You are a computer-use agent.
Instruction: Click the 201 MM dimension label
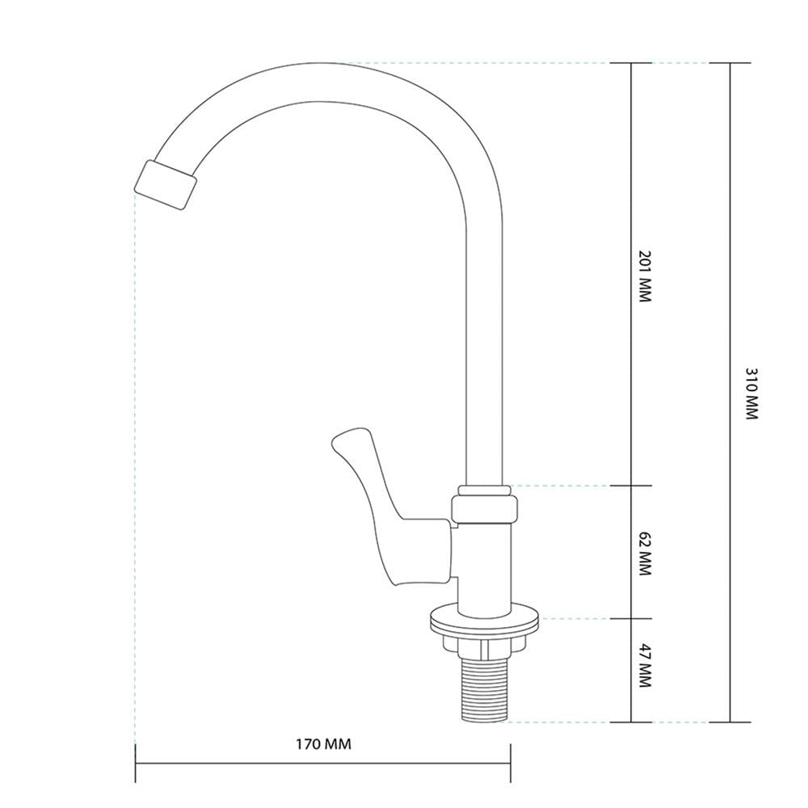[645, 276]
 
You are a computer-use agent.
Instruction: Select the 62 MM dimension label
[645, 554]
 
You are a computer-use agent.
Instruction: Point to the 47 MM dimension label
[645, 665]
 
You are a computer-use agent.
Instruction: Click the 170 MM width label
[323, 744]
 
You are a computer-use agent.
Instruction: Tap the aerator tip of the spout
[166, 185]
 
